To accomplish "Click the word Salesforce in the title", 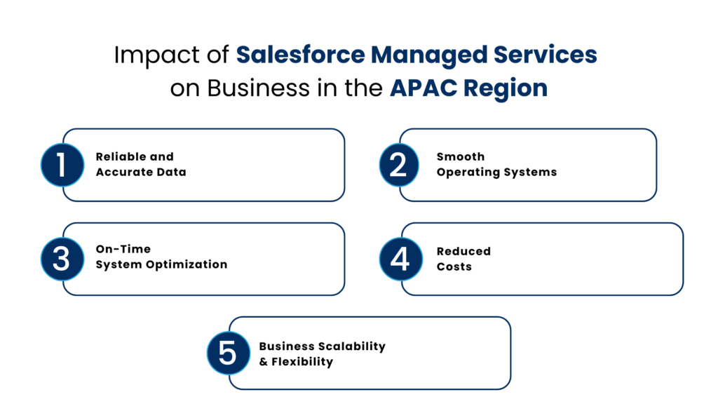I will (x=300, y=55).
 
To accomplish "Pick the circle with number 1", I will (x=62, y=165).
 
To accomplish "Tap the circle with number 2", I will (x=398, y=165).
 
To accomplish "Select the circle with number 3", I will (x=62, y=259).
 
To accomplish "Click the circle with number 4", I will (x=400, y=259).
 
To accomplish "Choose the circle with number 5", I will (x=228, y=352).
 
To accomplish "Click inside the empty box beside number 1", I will (x=214, y=165).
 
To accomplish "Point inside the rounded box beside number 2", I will (x=536, y=165).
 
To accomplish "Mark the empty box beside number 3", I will (x=214, y=259).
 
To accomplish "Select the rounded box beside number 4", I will (x=550, y=259).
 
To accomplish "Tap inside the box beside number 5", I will (x=379, y=352).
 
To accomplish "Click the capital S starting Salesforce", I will (x=243, y=55).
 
